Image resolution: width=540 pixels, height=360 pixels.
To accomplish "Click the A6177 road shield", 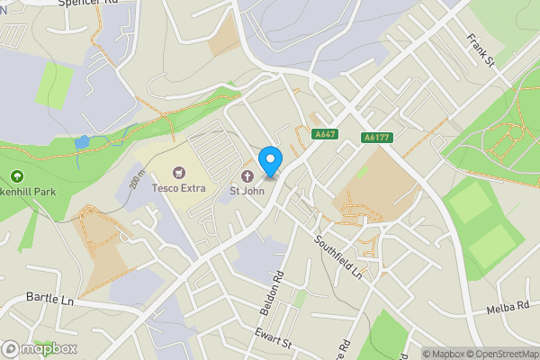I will (376, 138).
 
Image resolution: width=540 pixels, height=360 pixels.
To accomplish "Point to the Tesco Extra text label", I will (178, 188).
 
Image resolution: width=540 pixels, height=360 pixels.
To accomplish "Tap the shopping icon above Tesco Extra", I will (178, 172).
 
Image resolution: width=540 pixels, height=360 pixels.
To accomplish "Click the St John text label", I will (247, 190).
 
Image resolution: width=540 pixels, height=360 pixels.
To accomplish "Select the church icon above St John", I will (247, 175).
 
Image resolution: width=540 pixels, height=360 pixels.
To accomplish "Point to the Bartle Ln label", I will (49, 298).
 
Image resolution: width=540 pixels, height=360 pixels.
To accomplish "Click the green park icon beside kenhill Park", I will (15, 176).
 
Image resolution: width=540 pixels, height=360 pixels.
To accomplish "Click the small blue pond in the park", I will (83, 142).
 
